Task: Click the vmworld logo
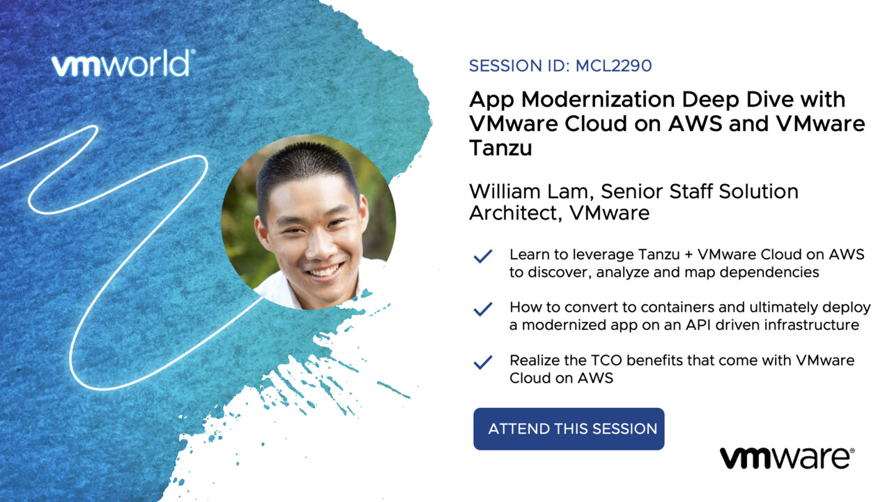tap(123, 63)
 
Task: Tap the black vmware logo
tap(787, 458)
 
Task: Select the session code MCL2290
tap(614, 66)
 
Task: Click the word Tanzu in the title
tap(500, 148)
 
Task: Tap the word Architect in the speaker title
tap(515, 213)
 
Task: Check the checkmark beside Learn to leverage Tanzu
tap(483, 256)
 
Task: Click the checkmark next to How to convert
tap(483, 309)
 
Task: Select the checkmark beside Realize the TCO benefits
tap(483, 362)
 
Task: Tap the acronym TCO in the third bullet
tap(606, 360)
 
